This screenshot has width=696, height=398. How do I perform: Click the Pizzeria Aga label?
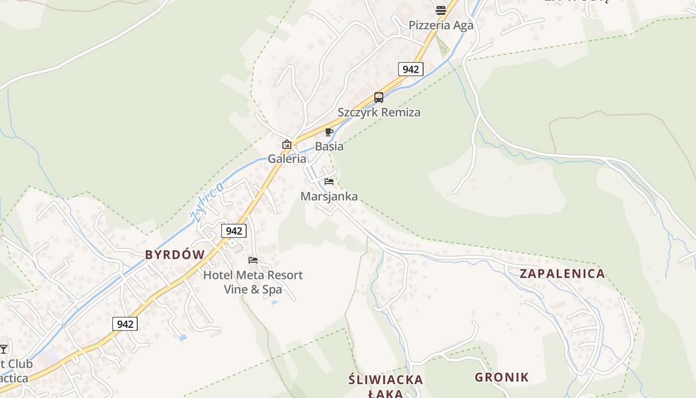[441, 25]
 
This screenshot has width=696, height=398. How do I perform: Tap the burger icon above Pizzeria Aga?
[440, 9]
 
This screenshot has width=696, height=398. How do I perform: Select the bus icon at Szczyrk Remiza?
[379, 98]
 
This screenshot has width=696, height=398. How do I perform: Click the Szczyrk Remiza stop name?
[379, 112]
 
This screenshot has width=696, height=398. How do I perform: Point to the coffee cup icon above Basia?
[329, 132]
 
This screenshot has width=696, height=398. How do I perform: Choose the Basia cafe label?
[329, 147]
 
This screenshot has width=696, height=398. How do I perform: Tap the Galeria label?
[287, 159]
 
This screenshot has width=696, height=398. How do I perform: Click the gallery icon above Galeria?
[287, 144]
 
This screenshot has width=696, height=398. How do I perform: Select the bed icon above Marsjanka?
[329, 182]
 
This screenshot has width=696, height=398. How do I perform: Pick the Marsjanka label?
[329, 197]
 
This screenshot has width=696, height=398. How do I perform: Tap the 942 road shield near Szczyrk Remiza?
[411, 69]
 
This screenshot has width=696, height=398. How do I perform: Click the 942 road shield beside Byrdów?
[234, 231]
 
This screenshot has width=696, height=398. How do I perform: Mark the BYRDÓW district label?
[174, 255]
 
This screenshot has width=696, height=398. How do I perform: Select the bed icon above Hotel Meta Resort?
[253, 260]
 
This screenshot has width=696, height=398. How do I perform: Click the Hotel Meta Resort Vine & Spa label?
[253, 282]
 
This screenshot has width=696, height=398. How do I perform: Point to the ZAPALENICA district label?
[562, 274]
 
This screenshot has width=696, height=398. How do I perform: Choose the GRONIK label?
[502, 377]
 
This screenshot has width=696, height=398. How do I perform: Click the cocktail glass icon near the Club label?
[4, 349]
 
